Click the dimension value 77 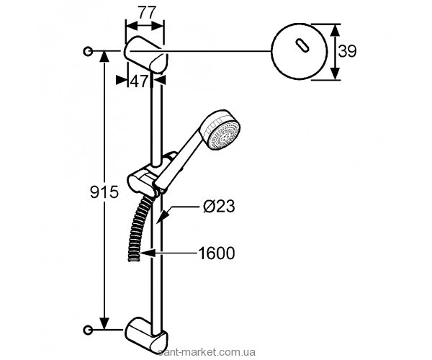point(146,12)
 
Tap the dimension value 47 point(139,81)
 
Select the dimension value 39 point(348,52)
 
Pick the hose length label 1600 point(217,253)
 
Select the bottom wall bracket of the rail point(148,333)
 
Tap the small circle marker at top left point(88,51)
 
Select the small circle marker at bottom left point(88,330)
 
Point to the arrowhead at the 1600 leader point(145,253)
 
